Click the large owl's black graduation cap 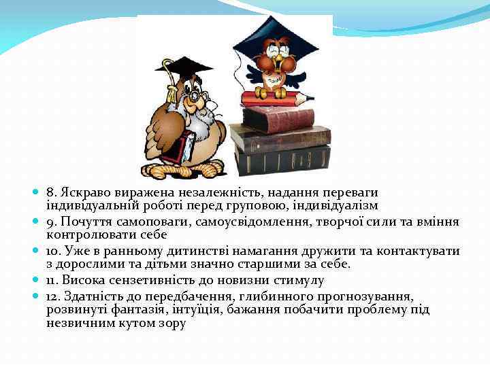click(x=184, y=66)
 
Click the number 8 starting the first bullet click(x=50, y=194)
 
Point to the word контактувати click(x=419, y=251)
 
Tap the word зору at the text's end click(x=170, y=324)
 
